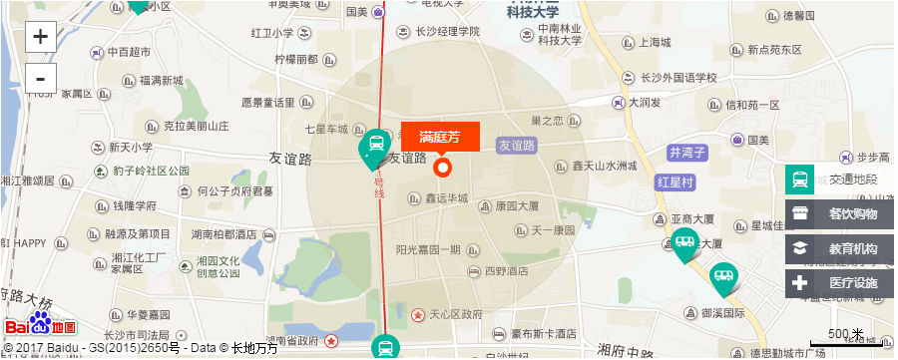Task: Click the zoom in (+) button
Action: tap(40, 38)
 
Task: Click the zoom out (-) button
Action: tap(40, 78)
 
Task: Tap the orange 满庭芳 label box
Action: tap(440, 137)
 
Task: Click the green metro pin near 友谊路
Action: tap(374, 147)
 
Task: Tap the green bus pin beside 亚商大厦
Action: tap(684, 242)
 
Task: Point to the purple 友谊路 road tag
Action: tap(517, 145)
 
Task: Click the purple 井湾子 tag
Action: tap(687, 153)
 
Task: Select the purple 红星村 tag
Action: tap(674, 182)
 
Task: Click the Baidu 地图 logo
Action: tap(40, 325)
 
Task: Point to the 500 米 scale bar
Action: tap(844, 339)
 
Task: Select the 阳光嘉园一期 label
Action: tap(428, 249)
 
